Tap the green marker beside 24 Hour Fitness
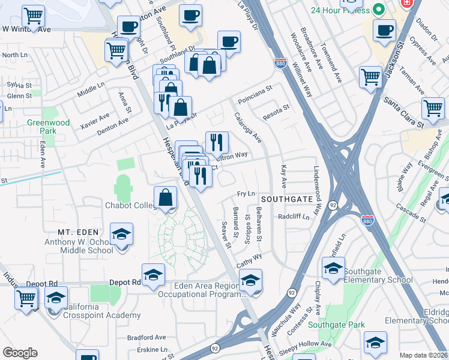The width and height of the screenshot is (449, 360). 378,10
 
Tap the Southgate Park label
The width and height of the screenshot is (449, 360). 336,325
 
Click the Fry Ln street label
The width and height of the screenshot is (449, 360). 246,194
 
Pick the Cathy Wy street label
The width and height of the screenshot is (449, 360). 249,259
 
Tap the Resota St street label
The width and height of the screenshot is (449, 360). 276,108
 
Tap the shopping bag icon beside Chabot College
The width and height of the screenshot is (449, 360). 165,197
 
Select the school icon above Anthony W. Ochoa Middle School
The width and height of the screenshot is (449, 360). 121,234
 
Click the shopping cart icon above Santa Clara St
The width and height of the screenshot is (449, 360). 433,108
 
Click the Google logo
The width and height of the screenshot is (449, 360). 20,353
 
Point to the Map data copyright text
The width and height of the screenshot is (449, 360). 423,355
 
